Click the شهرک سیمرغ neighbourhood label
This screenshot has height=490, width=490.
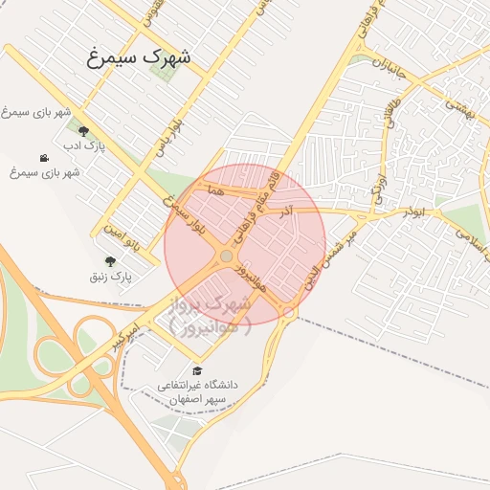[x=140, y=57]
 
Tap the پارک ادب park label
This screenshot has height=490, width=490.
[x=83, y=146]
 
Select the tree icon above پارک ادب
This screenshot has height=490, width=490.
[x=83, y=132]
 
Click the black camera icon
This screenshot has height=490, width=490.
[x=44, y=158]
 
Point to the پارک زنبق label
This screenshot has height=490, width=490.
[x=110, y=277]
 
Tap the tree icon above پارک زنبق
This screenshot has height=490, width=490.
[x=110, y=261]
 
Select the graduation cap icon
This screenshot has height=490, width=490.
[x=197, y=371]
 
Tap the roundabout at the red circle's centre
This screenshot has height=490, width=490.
[x=226, y=256]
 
